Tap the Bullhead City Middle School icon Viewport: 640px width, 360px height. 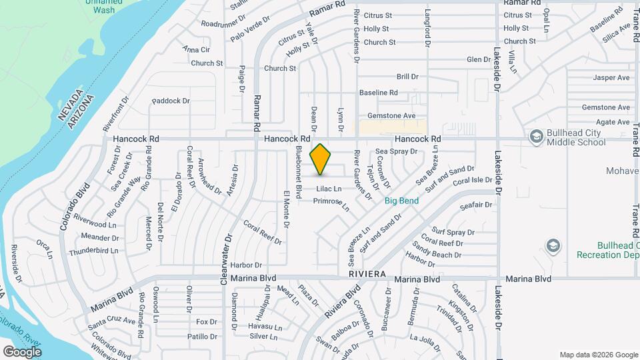535,137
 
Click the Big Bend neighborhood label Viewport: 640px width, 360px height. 402,199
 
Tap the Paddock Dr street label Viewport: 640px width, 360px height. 171,101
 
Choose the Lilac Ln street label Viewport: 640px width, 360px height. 329,189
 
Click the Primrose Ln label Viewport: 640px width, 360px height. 331,203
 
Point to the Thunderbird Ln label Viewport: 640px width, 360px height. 93,251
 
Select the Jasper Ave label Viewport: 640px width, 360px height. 611,78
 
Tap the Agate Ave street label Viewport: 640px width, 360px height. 613,122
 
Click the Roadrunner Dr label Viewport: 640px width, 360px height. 223,23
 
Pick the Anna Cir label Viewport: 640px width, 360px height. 196,49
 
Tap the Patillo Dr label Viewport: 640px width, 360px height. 203,337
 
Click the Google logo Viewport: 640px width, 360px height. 22,351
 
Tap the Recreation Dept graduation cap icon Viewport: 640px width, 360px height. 553,246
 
